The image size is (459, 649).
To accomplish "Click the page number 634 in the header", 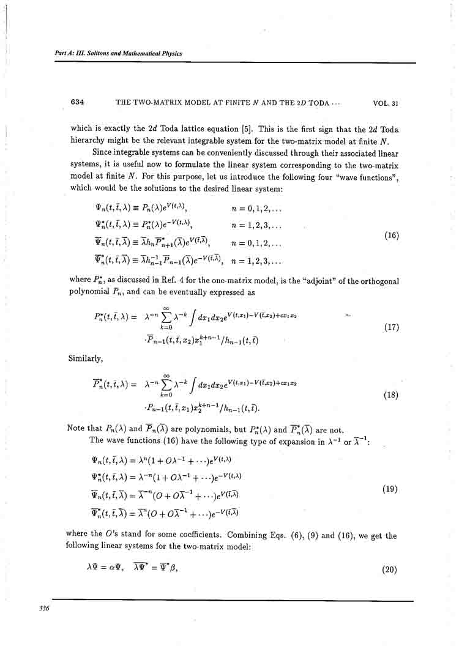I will [77, 103].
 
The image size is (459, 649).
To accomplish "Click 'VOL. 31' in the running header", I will [386, 103].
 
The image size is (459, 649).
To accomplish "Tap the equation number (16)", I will [389, 234].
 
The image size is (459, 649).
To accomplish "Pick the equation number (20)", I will [390, 569].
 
